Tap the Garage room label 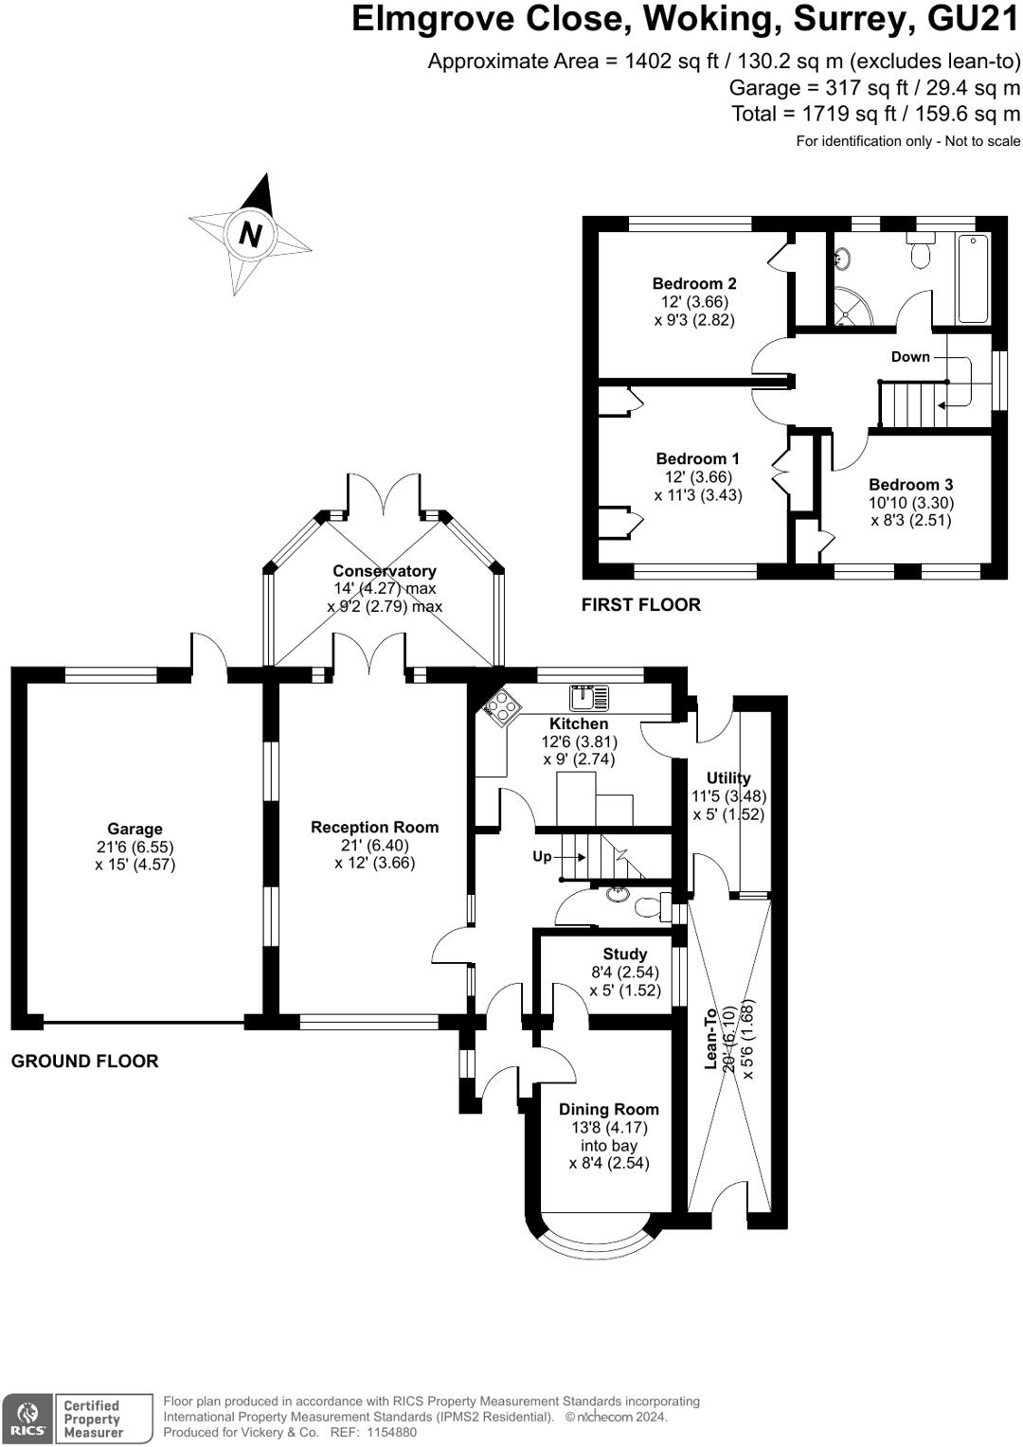135,829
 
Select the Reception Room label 374,827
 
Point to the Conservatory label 384,570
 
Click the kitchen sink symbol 589,698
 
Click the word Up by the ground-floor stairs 542,857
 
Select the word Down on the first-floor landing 910,357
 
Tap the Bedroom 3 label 910,485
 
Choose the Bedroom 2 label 694,283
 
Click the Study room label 624,955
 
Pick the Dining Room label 609,1109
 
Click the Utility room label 728,777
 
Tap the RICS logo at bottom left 28,1418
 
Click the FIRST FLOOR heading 640,604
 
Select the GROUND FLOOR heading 84,1061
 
